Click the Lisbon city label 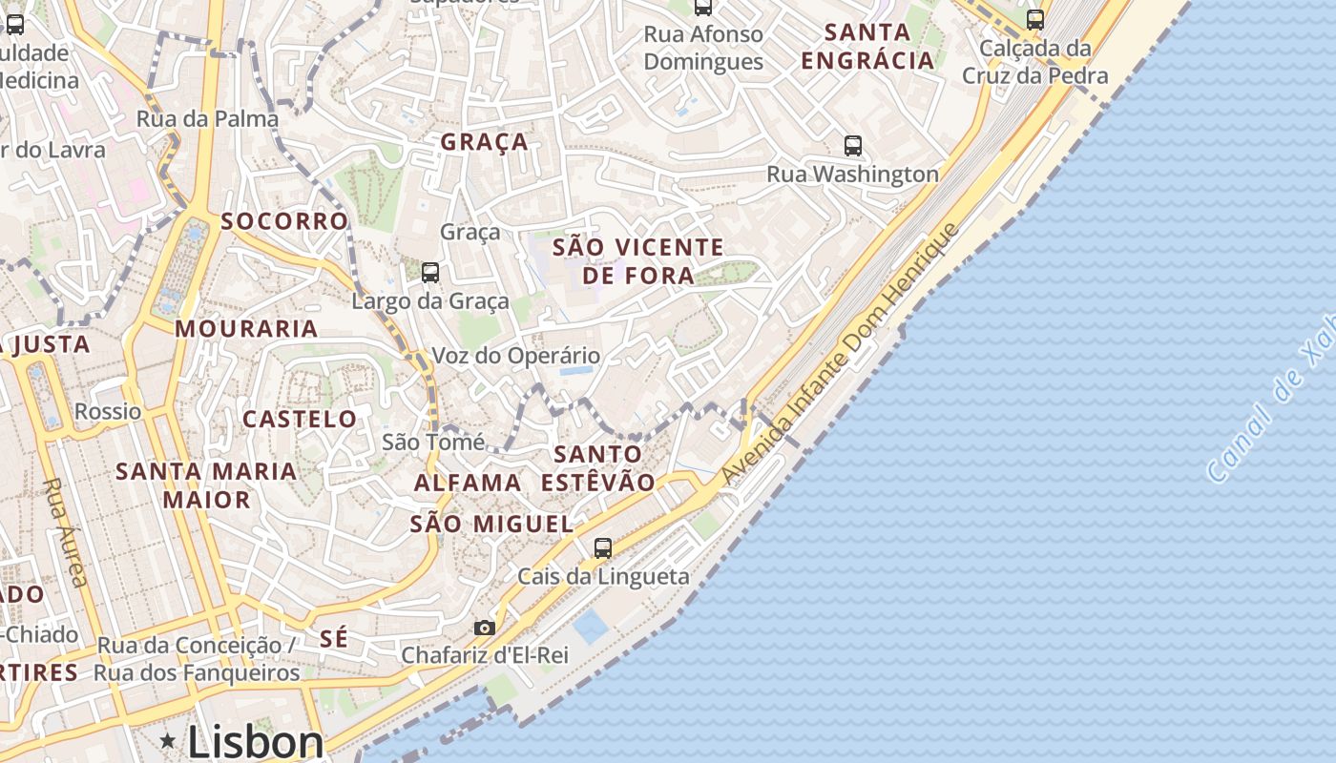click(x=255, y=742)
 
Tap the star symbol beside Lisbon click(x=168, y=740)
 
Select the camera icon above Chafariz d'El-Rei click(x=485, y=628)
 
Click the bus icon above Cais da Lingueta click(x=602, y=548)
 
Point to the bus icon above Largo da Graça click(x=430, y=273)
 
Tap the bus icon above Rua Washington click(x=853, y=146)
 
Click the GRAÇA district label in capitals click(x=484, y=142)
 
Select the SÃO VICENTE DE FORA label click(x=638, y=261)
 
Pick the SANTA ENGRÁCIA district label click(x=866, y=46)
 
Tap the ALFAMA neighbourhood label click(x=468, y=483)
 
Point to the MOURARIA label click(x=246, y=329)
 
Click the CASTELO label click(x=300, y=419)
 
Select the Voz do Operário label click(x=516, y=356)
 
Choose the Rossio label click(x=108, y=412)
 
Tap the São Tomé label click(x=433, y=442)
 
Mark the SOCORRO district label click(x=284, y=221)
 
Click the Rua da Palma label click(x=207, y=119)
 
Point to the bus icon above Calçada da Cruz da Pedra click(x=1035, y=19)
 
